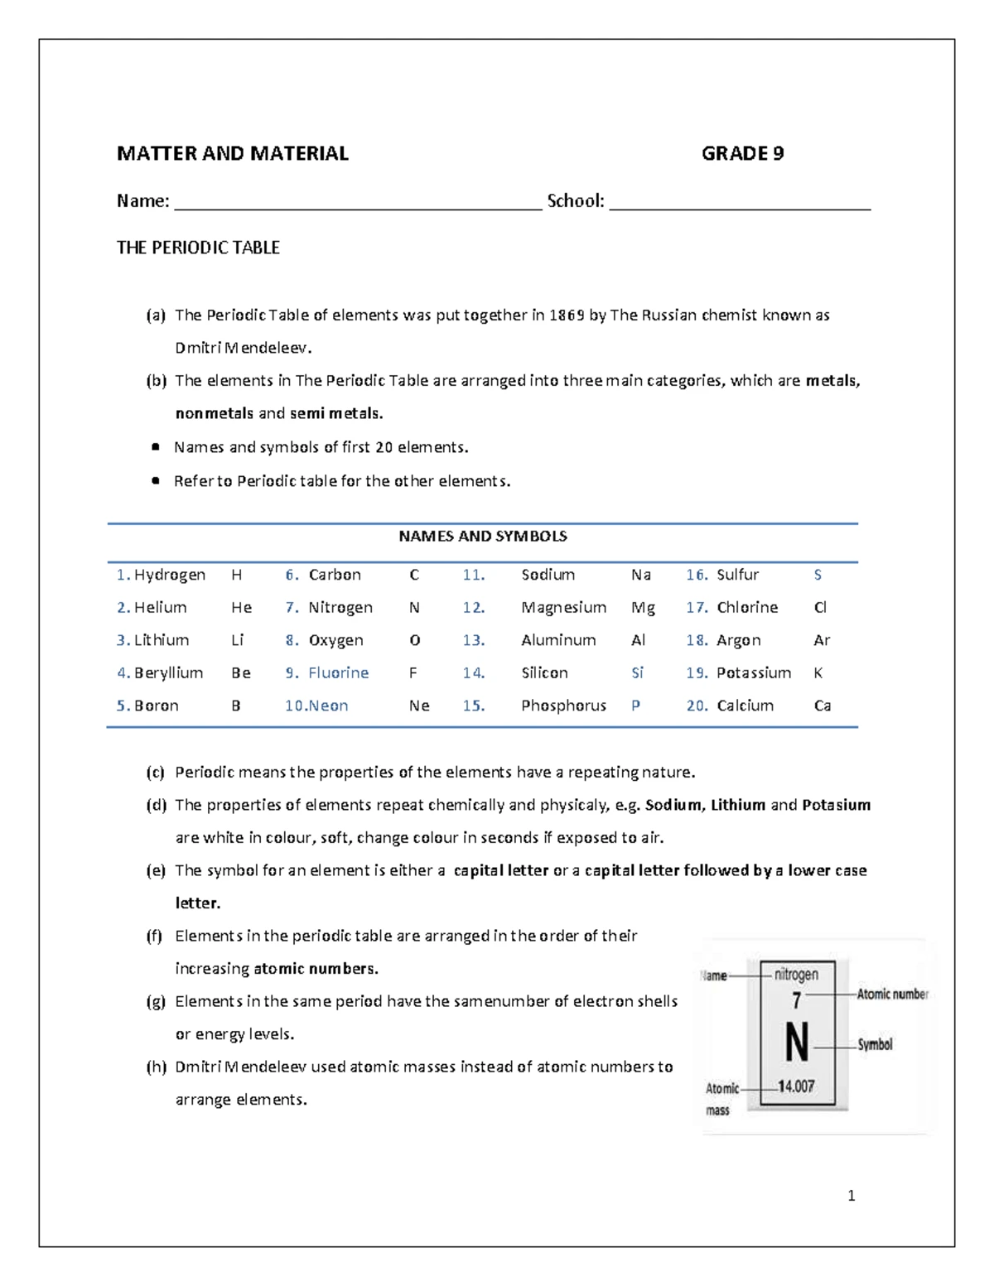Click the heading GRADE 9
point(742,153)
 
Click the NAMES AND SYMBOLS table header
point(483,536)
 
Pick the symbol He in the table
point(241,607)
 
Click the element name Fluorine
point(339,672)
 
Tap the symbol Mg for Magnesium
point(643,607)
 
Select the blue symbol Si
point(637,672)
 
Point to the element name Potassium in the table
point(754,672)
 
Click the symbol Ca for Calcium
point(823,706)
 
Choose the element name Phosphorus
point(563,706)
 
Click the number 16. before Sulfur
point(697,575)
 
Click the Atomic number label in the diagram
point(892,994)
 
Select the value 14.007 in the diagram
point(796,1086)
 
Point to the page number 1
point(852,1195)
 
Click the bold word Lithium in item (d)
point(738,805)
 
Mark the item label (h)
point(157,1067)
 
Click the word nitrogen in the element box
point(796,975)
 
